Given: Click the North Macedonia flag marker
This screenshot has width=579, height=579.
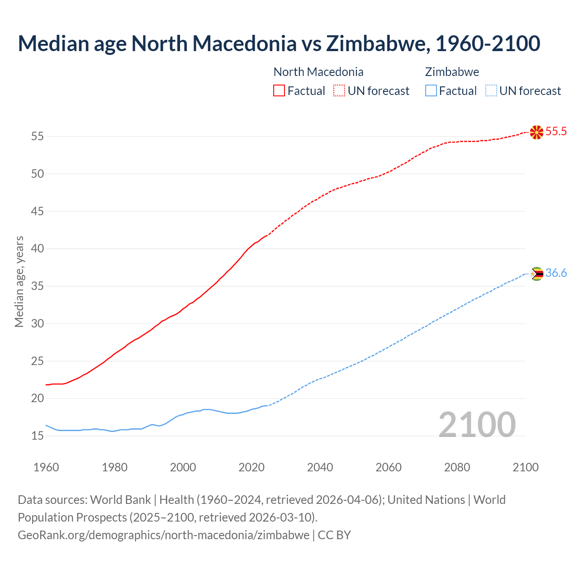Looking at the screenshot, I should coord(536,132).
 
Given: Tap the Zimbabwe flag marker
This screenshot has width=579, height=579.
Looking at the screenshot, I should coord(536,274).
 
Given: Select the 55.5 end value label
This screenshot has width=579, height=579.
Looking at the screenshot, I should coord(556,132).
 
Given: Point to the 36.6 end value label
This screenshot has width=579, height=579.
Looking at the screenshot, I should coord(556,273).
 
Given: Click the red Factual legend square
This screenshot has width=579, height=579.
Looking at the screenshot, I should coord(279,90).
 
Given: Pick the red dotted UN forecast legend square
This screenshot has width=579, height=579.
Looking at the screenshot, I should coord(339,90).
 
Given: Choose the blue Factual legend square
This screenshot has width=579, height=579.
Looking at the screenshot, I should coord(431,90).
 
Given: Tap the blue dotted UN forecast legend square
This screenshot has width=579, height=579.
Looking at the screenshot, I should coord(491,90).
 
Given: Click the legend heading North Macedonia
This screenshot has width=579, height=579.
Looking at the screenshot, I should coord(318,72).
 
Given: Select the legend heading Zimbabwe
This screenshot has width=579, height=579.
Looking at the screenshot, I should coord(452,72).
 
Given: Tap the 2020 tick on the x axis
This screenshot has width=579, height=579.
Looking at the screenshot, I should coord(252,467).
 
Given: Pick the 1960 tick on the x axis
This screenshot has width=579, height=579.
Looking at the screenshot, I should coord(46,467).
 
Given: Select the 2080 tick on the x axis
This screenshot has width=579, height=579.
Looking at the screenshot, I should coord(457,467).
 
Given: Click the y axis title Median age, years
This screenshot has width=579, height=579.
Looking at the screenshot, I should coord(19,281).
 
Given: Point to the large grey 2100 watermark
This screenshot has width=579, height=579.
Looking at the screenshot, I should coord(477,425).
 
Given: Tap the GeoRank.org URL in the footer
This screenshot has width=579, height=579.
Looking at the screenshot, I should coord(164,535).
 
